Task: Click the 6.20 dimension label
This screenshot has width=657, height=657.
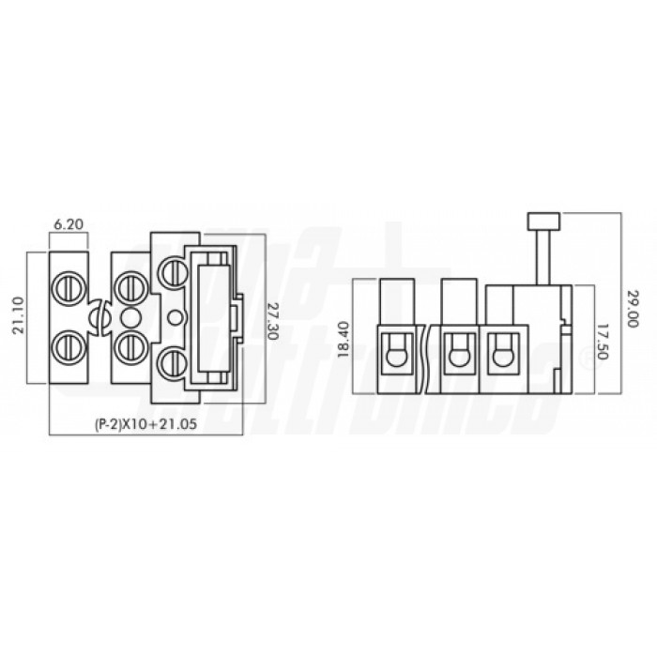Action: point(68,225)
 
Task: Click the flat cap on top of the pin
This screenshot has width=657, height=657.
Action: point(543,222)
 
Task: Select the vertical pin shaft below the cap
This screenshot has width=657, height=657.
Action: point(543,255)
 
